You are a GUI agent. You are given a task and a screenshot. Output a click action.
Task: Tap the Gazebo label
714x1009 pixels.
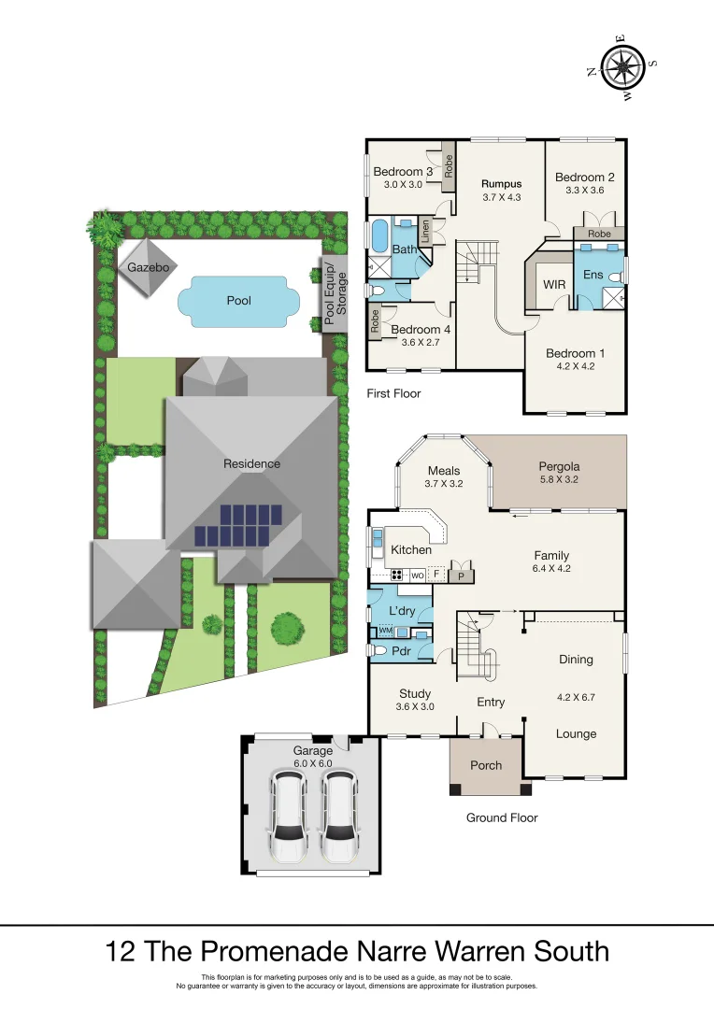[x=147, y=267]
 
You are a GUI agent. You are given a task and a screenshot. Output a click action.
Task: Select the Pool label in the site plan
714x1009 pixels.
[x=239, y=301]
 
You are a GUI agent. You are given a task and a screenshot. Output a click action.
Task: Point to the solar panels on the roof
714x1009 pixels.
[x=239, y=526]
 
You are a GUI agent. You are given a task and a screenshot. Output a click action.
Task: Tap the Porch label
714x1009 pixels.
[x=485, y=765]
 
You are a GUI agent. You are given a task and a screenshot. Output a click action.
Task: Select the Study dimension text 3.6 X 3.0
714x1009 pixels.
[x=414, y=707]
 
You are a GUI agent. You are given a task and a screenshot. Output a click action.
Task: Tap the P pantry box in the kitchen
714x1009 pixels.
[x=461, y=576]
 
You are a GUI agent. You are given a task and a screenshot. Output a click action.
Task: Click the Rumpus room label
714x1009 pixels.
[x=501, y=183]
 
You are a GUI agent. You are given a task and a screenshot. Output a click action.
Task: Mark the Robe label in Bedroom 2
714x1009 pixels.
[x=599, y=233]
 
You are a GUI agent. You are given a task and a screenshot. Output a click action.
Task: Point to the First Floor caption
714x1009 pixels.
[x=393, y=393]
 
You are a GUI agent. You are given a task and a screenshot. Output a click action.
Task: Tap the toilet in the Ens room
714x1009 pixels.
[x=616, y=277]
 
